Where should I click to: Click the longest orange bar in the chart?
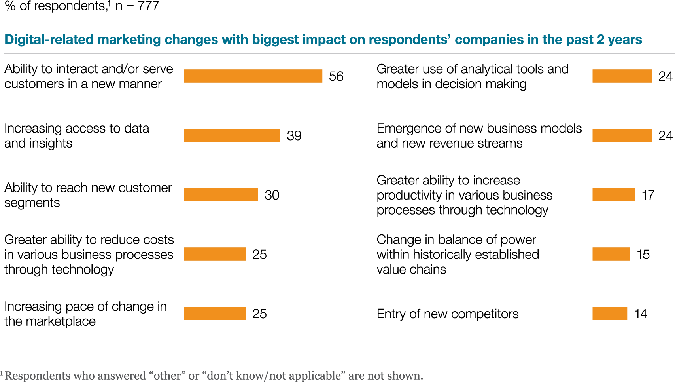tap(253, 76)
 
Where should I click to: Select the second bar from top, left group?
tap(232, 135)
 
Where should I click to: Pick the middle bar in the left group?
tap(221, 195)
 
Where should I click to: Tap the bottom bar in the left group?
tap(215, 314)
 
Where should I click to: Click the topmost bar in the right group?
tap(622, 76)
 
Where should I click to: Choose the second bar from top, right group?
tap(622, 135)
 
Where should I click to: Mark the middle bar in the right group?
tap(613, 195)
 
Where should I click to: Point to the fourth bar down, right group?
tap(611, 254)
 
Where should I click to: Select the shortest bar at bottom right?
tap(610, 314)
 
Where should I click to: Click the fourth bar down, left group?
tap(215, 254)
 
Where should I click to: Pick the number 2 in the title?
tap(600, 40)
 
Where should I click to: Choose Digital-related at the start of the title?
tap(49, 40)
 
